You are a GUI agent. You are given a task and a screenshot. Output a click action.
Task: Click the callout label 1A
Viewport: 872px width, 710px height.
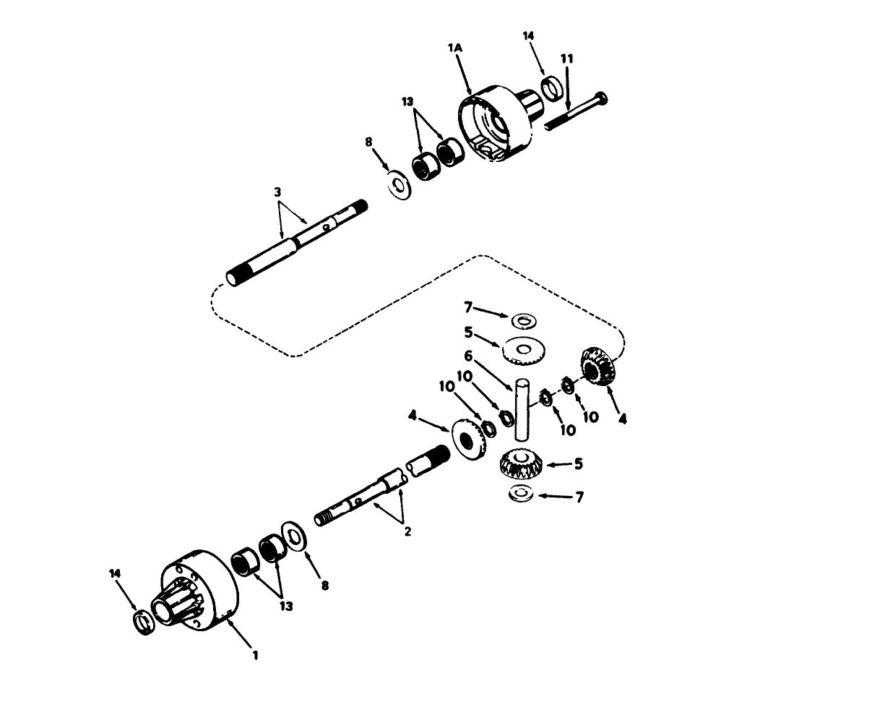(454, 48)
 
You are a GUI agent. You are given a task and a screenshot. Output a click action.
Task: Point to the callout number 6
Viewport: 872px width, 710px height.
(467, 356)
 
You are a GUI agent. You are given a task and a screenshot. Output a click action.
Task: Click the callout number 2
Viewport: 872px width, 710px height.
(407, 531)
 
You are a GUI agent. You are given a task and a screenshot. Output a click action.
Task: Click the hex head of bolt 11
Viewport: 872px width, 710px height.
(602, 99)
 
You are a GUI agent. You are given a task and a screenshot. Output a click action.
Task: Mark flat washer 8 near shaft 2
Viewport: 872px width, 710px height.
(295, 536)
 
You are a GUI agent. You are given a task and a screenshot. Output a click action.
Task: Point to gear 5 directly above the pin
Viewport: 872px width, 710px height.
(523, 351)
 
